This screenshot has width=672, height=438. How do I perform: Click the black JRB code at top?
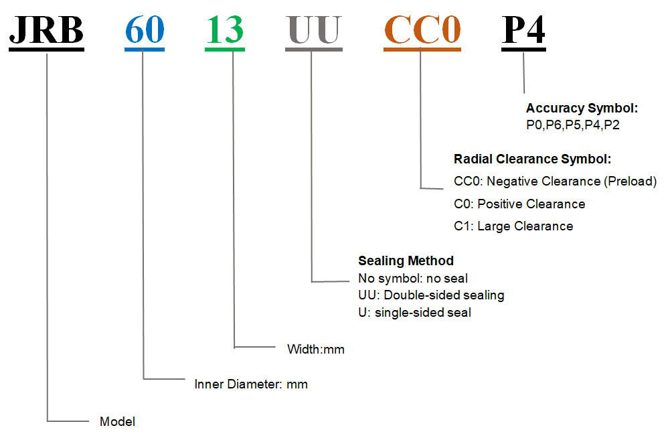[46, 30]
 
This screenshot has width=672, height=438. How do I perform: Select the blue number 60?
[144, 30]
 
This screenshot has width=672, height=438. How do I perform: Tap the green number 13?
[224, 30]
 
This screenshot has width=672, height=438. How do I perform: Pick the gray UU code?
[313, 30]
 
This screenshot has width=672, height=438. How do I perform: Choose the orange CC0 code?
[422, 30]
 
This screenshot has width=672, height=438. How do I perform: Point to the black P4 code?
[523, 30]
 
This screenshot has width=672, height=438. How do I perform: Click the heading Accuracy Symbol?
[582, 108]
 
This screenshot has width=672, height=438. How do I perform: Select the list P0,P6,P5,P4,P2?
[573, 125]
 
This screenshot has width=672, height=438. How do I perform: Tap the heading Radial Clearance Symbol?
[532, 159]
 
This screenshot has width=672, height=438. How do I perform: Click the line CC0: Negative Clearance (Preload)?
[555, 181]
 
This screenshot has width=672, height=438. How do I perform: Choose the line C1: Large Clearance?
[513, 226]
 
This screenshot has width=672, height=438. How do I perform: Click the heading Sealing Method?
[406, 261]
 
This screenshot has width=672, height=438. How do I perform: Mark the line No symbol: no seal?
[413, 278]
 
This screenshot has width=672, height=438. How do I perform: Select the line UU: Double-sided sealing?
[431, 295]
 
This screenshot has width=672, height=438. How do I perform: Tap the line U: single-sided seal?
[414, 312]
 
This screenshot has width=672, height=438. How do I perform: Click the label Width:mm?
[315, 349]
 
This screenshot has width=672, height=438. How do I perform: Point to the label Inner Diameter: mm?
[251, 384]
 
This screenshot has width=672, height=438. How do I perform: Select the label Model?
[117, 422]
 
